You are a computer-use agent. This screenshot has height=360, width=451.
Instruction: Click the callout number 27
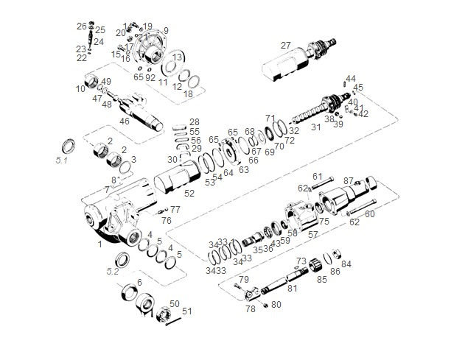coord(286,45)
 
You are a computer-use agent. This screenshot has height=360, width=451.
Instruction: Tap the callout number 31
coord(315,127)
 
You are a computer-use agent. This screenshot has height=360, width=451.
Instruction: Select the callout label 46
coord(125,121)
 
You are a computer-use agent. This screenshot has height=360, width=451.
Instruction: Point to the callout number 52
coord(189,194)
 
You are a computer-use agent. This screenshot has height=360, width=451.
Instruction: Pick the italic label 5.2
coord(113,271)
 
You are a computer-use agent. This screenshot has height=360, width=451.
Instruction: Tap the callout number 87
coord(349,180)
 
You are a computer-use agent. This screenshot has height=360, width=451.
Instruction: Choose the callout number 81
coord(292,288)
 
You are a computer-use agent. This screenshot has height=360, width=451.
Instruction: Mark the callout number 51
coord(187,311)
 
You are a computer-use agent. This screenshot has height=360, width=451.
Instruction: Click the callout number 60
coord(370,214)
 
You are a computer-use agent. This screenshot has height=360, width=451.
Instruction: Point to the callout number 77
coord(175,209)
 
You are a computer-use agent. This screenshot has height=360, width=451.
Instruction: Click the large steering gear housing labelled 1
coord(111,217)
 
